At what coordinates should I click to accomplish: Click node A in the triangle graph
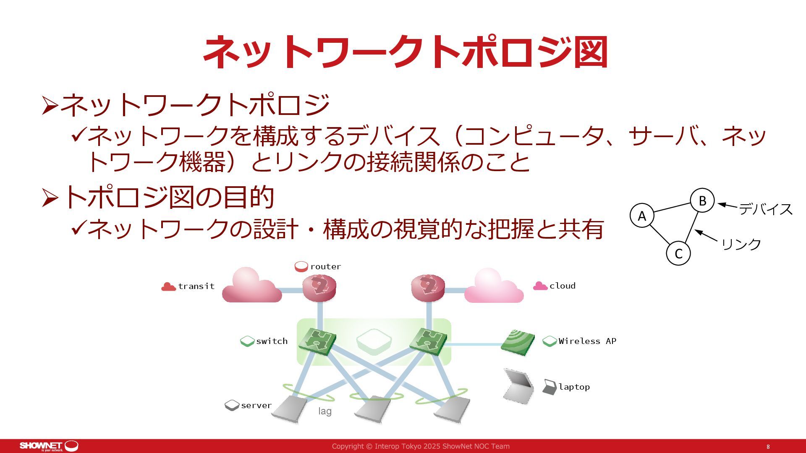pyautogui.click(x=642, y=216)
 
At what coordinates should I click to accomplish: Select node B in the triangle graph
pyautogui.click(x=702, y=201)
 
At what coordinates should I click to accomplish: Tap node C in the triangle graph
pyautogui.click(x=678, y=253)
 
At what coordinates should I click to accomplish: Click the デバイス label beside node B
pyautogui.click(x=765, y=209)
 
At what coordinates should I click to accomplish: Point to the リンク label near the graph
pyautogui.click(x=741, y=244)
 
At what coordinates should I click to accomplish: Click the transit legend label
pyautogui.click(x=196, y=286)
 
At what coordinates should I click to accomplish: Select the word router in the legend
pyautogui.click(x=325, y=266)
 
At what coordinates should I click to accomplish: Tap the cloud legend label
pyautogui.click(x=562, y=286)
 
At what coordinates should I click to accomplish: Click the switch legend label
pyautogui.click(x=272, y=341)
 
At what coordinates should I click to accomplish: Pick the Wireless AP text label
pyautogui.click(x=587, y=341)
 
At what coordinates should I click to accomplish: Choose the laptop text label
pyautogui.click(x=574, y=387)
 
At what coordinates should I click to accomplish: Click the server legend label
pyautogui.click(x=256, y=405)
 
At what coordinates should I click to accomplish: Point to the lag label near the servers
pyautogui.click(x=324, y=411)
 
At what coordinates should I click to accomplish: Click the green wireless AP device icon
pyautogui.click(x=517, y=342)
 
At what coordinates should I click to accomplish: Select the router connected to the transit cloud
pyautogui.click(x=319, y=287)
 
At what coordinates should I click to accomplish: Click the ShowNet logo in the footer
pyautogui.click(x=49, y=446)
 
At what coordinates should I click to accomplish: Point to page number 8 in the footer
pyautogui.click(x=768, y=447)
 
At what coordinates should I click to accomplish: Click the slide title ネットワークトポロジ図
pyautogui.click(x=405, y=52)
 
